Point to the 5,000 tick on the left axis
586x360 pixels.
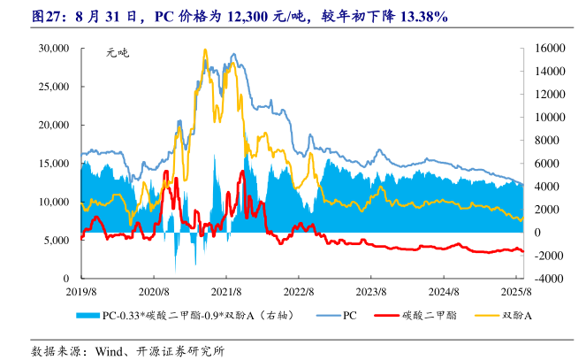58,240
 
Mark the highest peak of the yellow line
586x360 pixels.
205,50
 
